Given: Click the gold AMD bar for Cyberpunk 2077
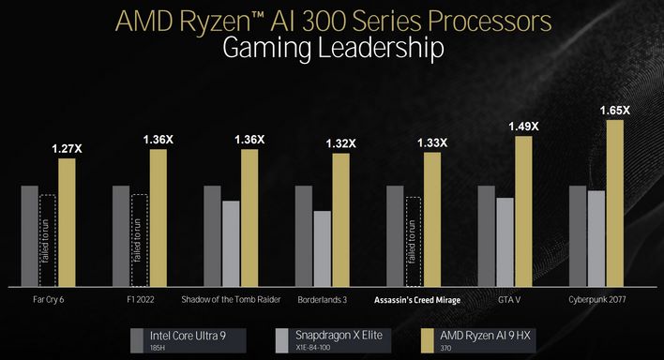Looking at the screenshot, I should pyautogui.click(x=614, y=202).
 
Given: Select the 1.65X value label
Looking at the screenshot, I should pyautogui.click(x=614, y=111).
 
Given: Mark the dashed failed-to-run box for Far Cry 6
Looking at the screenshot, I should pyautogui.click(x=48, y=240).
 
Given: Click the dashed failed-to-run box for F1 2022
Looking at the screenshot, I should pyautogui.click(x=140, y=240).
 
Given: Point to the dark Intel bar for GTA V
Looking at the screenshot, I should pyautogui.click(x=486, y=235).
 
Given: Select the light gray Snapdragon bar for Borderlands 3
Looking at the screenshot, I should pyautogui.click(x=322, y=248).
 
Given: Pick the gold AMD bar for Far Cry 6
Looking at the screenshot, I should pyautogui.click(x=66, y=222).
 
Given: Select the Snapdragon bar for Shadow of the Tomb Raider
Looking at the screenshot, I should pyautogui.click(x=231, y=243).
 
